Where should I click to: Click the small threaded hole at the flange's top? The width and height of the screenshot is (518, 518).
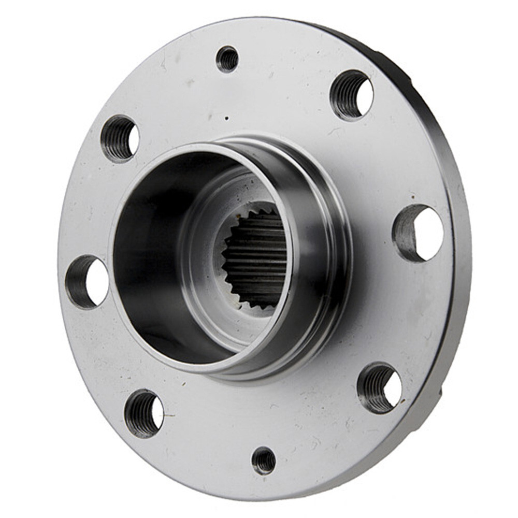click(227, 59)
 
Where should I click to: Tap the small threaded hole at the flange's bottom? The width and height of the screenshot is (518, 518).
click(264, 460)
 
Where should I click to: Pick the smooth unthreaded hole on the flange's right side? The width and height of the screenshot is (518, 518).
click(419, 233)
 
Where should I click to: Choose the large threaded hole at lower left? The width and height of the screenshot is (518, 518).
click(143, 413)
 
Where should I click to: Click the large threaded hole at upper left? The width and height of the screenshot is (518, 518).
click(120, 139)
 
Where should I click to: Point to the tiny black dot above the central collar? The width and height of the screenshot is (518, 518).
click(226, 118)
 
